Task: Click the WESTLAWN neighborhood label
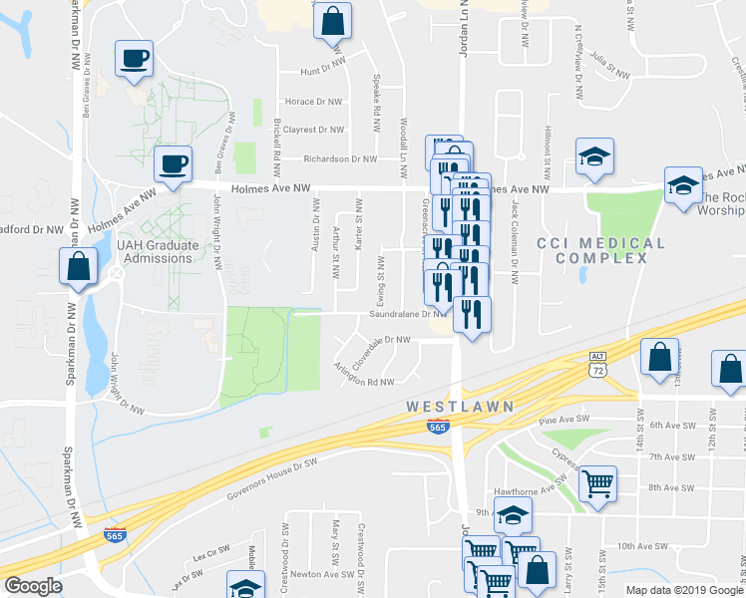(x=460, y=407)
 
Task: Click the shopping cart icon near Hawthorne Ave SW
(x=597, y=484)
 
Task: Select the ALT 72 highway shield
(x=597, y=363)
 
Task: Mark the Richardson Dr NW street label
(x=342, y=158)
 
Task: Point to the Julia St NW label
(x=609, y=65)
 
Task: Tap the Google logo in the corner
(x=33, y=586)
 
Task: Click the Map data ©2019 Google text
(x=682, y=590)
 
